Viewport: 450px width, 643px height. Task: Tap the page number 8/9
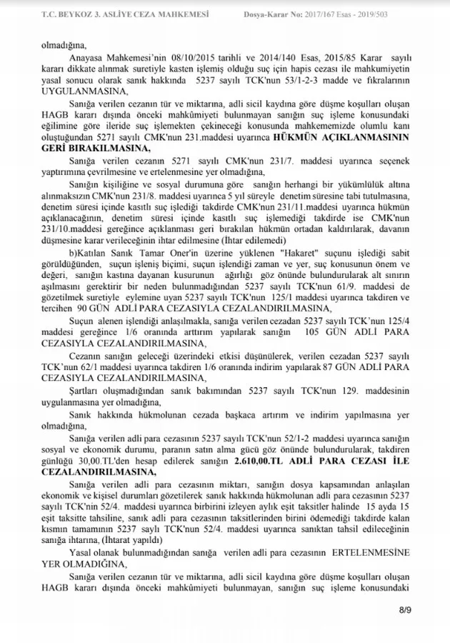coord(405,609)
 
